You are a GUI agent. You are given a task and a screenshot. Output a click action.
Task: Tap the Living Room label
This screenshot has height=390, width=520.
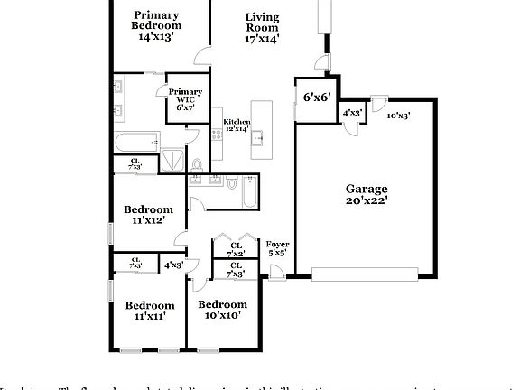tap(262, 28)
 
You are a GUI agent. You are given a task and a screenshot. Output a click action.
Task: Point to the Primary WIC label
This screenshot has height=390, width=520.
tap(185, 99)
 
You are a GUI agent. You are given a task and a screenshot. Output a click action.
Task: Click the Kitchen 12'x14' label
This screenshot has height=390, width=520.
tap(236, 125)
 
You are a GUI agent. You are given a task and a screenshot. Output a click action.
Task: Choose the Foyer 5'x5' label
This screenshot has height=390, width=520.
tap(277, 248)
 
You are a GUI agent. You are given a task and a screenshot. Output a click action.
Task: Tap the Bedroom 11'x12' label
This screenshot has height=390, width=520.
tap(148, 215)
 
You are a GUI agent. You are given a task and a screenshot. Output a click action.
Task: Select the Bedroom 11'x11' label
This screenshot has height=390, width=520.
tap(149, 311)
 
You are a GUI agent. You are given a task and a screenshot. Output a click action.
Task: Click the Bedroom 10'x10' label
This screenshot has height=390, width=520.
tap(222, 310)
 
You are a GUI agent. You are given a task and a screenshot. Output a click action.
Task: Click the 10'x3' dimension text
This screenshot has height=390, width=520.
tap(398, 115)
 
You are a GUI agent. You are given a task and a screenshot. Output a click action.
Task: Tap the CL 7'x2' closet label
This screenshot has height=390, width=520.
tap(236, 249)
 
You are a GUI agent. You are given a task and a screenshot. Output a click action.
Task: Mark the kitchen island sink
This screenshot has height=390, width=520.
tap(257, 137)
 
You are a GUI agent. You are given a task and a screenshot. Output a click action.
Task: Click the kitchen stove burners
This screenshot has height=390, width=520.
tap(216, 135)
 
